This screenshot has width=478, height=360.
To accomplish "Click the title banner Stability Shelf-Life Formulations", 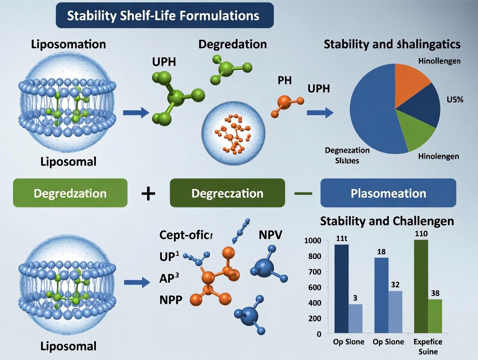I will point(165,16).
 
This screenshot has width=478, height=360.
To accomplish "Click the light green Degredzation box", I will point(70,193).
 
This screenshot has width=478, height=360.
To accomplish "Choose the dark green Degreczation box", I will point(227,193).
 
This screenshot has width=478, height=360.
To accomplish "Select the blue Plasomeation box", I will point(388,193).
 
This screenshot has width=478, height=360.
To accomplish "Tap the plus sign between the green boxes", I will point(149,193).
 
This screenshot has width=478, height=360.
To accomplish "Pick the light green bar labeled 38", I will point(435,316).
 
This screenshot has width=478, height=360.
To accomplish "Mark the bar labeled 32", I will point(395,312).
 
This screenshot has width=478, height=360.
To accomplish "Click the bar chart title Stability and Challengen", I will point(387,221).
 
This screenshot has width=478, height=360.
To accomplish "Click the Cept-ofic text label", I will point(187,235).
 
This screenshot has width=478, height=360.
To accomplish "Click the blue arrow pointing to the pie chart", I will point(320,113).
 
